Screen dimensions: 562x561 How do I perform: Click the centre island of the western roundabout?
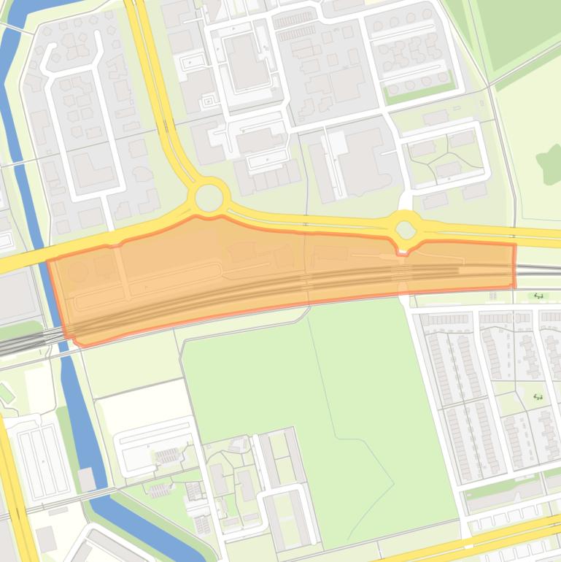point(209,197)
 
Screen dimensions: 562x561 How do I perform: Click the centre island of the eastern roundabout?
point(406,230)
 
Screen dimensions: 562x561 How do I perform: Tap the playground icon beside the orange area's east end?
point(539,296)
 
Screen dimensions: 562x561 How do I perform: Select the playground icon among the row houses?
point(538,397)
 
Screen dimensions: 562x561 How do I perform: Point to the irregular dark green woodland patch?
point(549,162)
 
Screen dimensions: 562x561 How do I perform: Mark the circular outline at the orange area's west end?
point(77,274)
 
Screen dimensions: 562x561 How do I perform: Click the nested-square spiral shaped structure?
point(208,100)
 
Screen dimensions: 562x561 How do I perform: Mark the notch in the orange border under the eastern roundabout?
point(403,252)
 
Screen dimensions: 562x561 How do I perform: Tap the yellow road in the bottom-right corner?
point(511,536)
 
